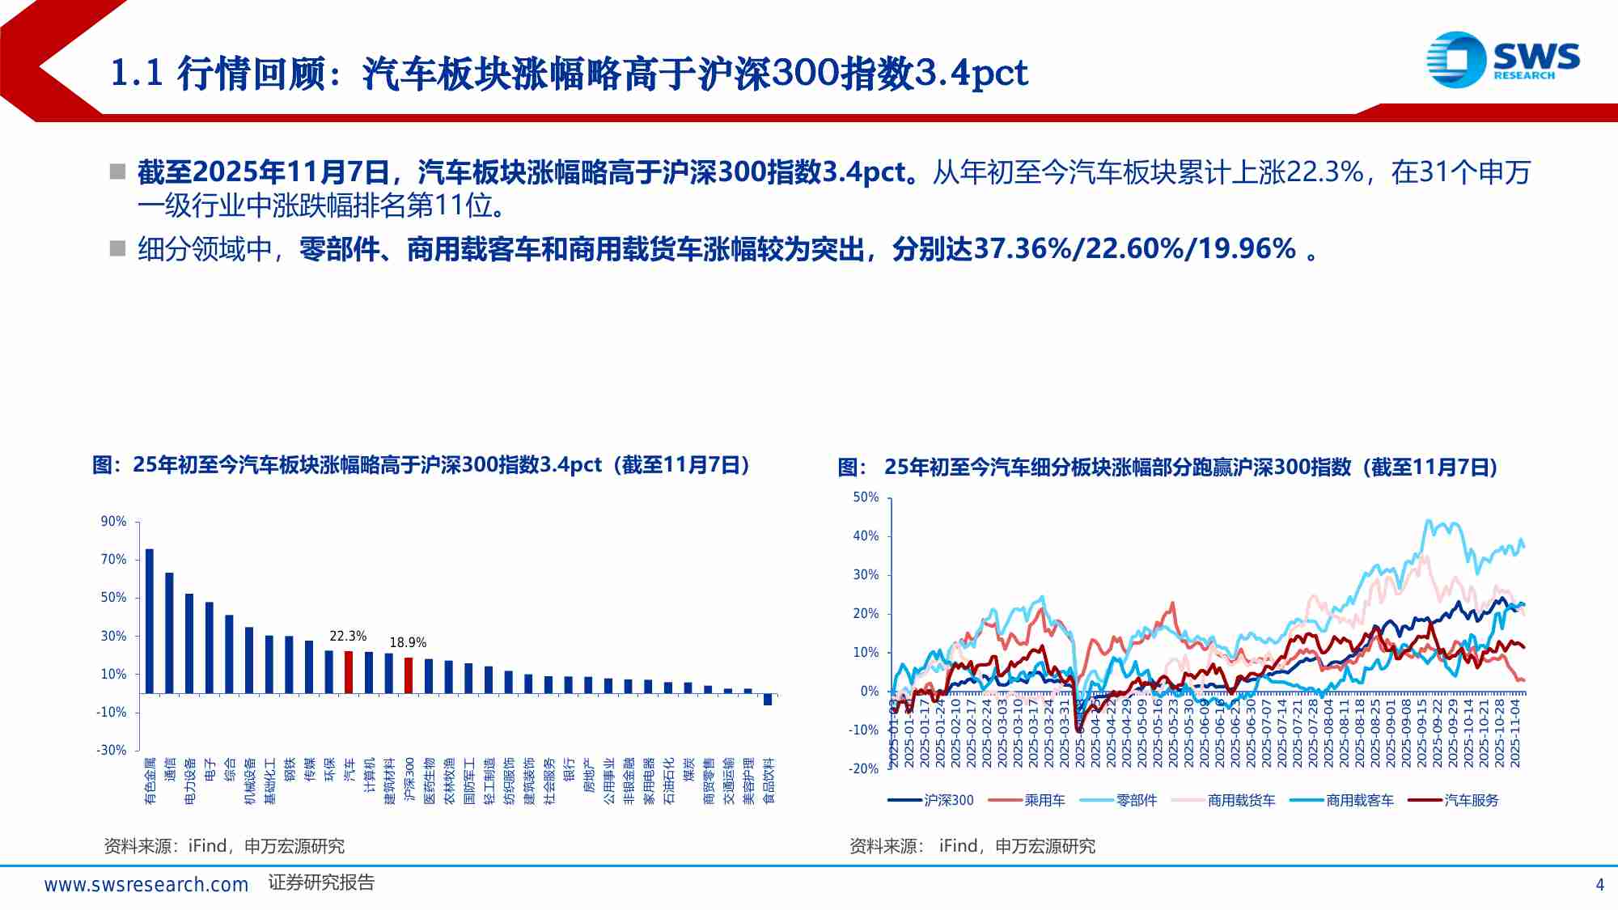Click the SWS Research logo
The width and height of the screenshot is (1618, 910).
click(x=1502, y=59)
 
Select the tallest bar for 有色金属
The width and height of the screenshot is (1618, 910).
click(x=149, y=620)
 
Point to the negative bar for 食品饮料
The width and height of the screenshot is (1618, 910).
click(x=768, y=700)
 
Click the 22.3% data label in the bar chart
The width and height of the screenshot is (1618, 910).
click(x=348, y=636)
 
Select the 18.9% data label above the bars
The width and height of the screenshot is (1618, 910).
click(x=408, y=642)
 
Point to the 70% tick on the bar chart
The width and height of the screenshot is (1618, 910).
click(x=113, y=559)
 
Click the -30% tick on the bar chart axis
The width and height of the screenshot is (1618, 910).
click(x=112, y=750)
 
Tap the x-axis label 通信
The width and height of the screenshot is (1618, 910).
click(x=170, y=769)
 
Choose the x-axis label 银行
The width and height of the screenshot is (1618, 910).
click(x=569, y=769)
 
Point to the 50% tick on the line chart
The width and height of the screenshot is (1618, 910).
click(x=866, y=497)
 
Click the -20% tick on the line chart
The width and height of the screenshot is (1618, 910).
click(x=863, y=768)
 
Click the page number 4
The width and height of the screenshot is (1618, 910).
click(x=1599, y=884)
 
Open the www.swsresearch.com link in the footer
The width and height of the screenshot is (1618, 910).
click(x=146, y=884)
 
